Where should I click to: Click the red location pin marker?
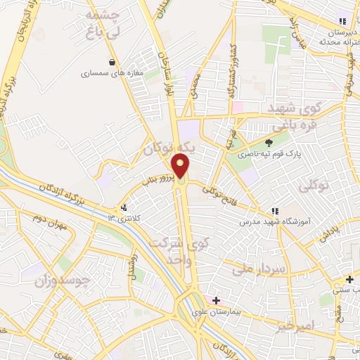(181, 167)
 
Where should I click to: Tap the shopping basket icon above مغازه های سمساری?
(112, 62)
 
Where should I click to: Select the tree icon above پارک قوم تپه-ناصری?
(269, 143)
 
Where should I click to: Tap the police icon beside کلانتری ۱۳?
(124, 208)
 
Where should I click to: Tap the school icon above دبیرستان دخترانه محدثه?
(342, 22)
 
